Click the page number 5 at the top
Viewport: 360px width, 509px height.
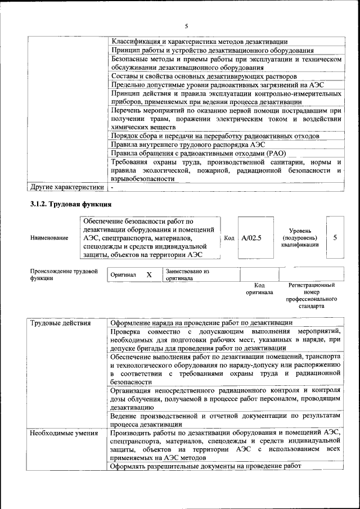pyautogui.click(x=186, y=26)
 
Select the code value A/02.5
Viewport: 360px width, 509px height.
pyautogui.click(x=251, y=238)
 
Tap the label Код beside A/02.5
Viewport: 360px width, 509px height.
pyautogui.click(x=229, y=238)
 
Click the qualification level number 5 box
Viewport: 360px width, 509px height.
pyautogui.click(x=335, y=237)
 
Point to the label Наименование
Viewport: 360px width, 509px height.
pyautogui.click(x=49, y=238)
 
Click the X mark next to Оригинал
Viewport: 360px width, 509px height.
pyautogui.click(x=149, y=274)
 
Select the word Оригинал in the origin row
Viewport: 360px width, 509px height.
pyautogui.click(x=123, y=274)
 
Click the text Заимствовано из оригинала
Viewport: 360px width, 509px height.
pyautogui.click(x=187, y=274)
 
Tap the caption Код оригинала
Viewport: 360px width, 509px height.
pyautogui.click(x=259, y=289)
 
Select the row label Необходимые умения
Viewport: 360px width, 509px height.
pyautogui.click(x=64, y=433)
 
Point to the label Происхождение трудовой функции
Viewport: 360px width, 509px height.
pyautogui.click(x=64, y=274)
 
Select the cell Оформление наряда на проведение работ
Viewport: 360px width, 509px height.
pyautogui.click(x=201, y=323)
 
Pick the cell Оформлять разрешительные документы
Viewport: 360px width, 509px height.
pyautogui.click(x=206, y=466)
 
